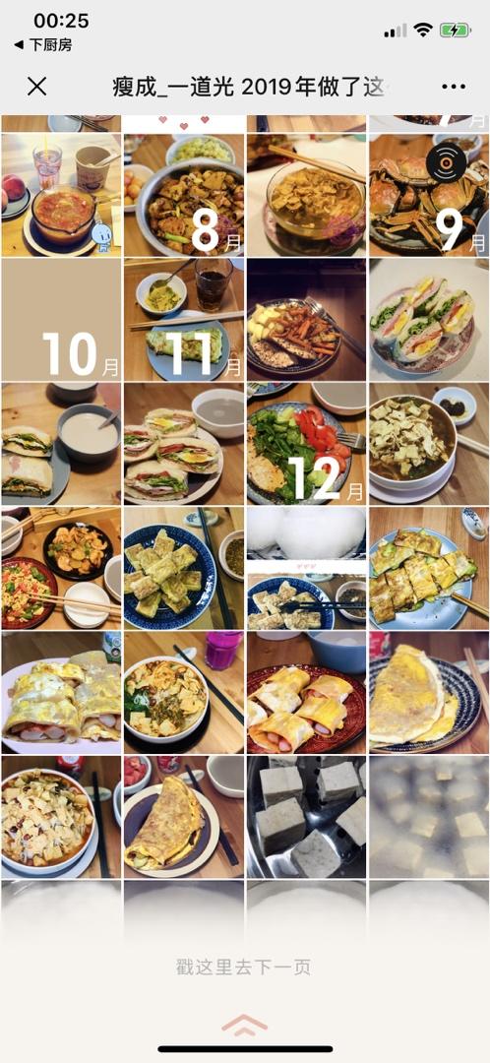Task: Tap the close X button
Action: click(x=36, y=86)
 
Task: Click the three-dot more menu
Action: click(x=454, y=87)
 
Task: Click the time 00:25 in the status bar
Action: click(x=61, y=21)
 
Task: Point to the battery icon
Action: click(x=455, y=30)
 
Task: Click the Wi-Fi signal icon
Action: click(x=423, y=30)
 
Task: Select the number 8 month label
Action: click(x=205, y=231)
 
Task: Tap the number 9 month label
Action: click(x=450, y=231)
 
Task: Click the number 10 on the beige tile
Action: click(x=70, y=353)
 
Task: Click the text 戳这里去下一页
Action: click(x=244, y=967)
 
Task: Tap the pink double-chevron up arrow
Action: click(x=244, y=1025)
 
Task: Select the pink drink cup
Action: click(x=223, y=651)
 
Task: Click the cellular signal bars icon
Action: click(x=396, y=31)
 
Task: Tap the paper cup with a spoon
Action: click(x=92, y=166)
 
